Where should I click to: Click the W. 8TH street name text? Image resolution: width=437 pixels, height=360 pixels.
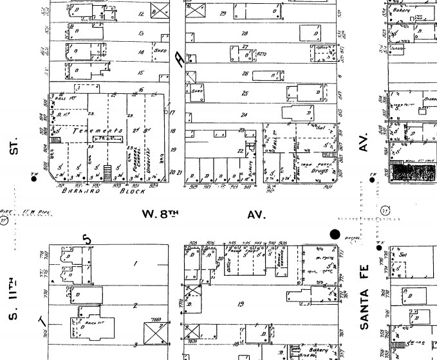click(160, 215)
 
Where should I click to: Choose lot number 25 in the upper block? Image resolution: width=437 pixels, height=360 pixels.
click(245, 93)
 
